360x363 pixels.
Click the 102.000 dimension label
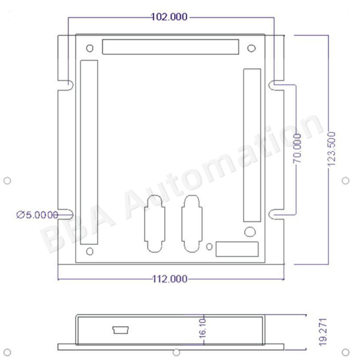[x=169, y=17]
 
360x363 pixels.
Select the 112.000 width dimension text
[x=169, y=279]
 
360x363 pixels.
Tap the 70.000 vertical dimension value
[x=297, y=148]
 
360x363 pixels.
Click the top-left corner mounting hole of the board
[x=90, y=48]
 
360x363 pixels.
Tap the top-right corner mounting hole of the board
[x=251, y=48]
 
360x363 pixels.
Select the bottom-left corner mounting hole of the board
[x=90, y=251]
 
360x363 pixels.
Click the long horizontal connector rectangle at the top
[x=171, y=47]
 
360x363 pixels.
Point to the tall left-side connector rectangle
[x=89, y=152]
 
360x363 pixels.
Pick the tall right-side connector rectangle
[x=252, y=145]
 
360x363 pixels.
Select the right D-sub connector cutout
[x=191, y=223]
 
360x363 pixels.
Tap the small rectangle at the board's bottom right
[x=237, y=249]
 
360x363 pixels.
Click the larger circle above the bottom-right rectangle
[x=250, y=232]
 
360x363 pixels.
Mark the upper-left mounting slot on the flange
[x=66, y=85]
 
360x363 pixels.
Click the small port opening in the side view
[x=120, y=330]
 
